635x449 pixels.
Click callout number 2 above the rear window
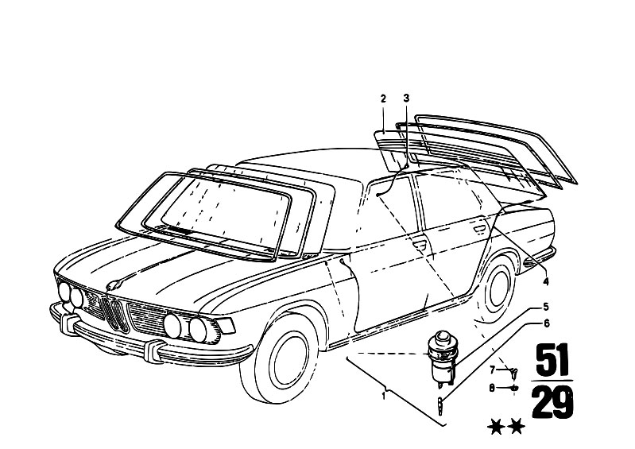[383, 99]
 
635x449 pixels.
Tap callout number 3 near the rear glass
[407, 99]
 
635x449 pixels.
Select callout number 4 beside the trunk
[546, 282]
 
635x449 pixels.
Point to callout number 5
[546, 307]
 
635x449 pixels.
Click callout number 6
[546, 323]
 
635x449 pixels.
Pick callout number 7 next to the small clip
[493, 370]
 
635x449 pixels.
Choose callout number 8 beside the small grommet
[492, 388]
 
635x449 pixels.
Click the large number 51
[552, 360]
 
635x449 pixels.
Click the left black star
[496, 427]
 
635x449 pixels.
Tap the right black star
[517, 427]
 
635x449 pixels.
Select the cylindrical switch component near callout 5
[442, 354]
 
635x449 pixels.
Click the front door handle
[420, 244]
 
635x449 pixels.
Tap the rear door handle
[479, 229]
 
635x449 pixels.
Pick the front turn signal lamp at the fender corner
[226, 325]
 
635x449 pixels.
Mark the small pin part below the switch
[439, 404]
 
